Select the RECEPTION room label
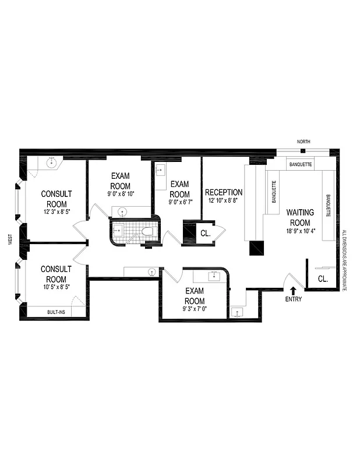click(x=224, y=192)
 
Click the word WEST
click(x=10, y=239)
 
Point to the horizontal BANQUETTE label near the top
click(x=300, y=165)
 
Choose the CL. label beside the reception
click(x=205, y=233)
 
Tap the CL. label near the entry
click(x=323, y=278)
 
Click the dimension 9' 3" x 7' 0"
click(x=195, y=309)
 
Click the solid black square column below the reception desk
click(x=257, y=248)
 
